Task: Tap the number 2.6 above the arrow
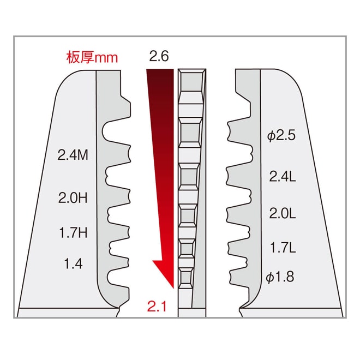click(159, 56)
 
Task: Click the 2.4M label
click(73, 155)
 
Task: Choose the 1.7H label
click(73, 233)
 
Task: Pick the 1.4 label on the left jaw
click(73, 264)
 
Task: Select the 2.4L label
click(282, 176)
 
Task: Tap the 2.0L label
click(282, 213)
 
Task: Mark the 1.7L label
click(282, 248)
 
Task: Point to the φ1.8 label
click(280, 277)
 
